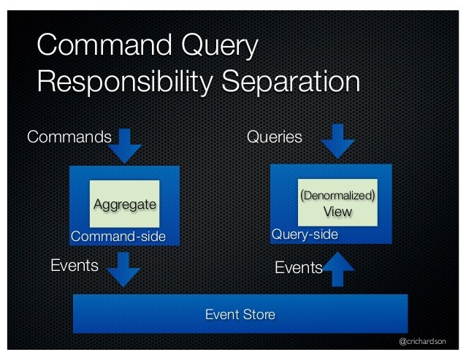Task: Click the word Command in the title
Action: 104,45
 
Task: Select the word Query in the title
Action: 220,46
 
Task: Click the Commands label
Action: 69,137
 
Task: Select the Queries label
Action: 275,137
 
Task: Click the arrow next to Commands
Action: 124,146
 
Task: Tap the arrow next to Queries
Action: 337,142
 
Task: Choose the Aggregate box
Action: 124,204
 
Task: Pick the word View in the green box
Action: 337,212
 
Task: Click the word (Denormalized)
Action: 337,196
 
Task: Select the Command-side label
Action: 118,237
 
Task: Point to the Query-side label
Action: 305,234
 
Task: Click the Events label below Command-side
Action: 75,265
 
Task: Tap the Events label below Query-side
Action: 299,267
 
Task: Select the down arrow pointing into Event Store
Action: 123,269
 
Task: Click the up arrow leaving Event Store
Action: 338,269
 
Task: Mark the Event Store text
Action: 240,314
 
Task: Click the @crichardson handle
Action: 422,342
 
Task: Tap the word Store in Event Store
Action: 259,314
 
